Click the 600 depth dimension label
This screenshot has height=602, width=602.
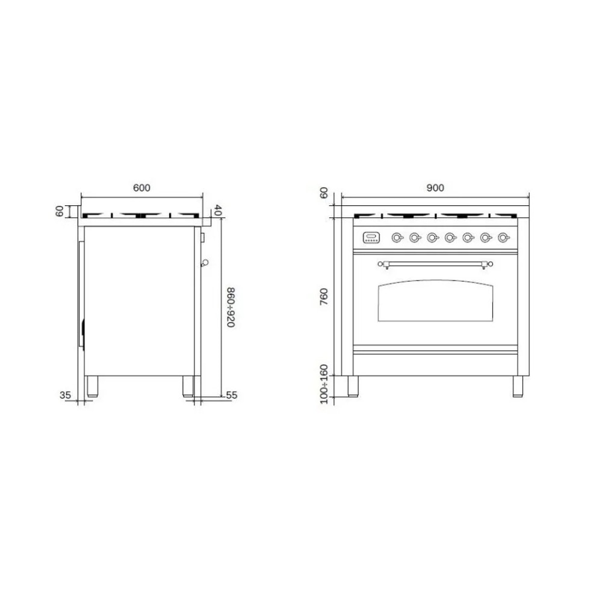[141, 188]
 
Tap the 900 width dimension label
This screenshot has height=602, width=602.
[435, 188]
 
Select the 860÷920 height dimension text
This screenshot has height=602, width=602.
[231, 307]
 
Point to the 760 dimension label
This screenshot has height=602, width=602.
[324, 296]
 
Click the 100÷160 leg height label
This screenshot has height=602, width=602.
[324, 384]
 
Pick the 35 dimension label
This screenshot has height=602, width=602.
[65, 395]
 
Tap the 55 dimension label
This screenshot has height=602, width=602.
[232, 395]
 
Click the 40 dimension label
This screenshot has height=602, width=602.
[217, 210]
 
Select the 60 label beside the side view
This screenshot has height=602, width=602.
[59, 211]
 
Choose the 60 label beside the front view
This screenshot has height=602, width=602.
[324, 193]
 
